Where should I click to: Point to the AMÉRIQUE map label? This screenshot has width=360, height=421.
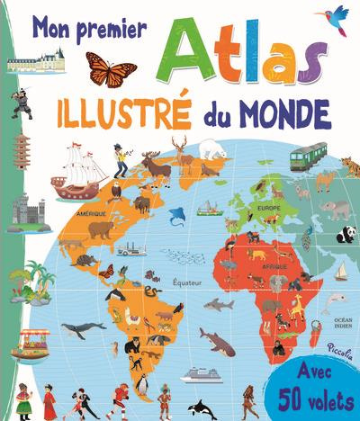92,213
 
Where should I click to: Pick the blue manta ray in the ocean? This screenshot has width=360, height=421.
177,214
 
